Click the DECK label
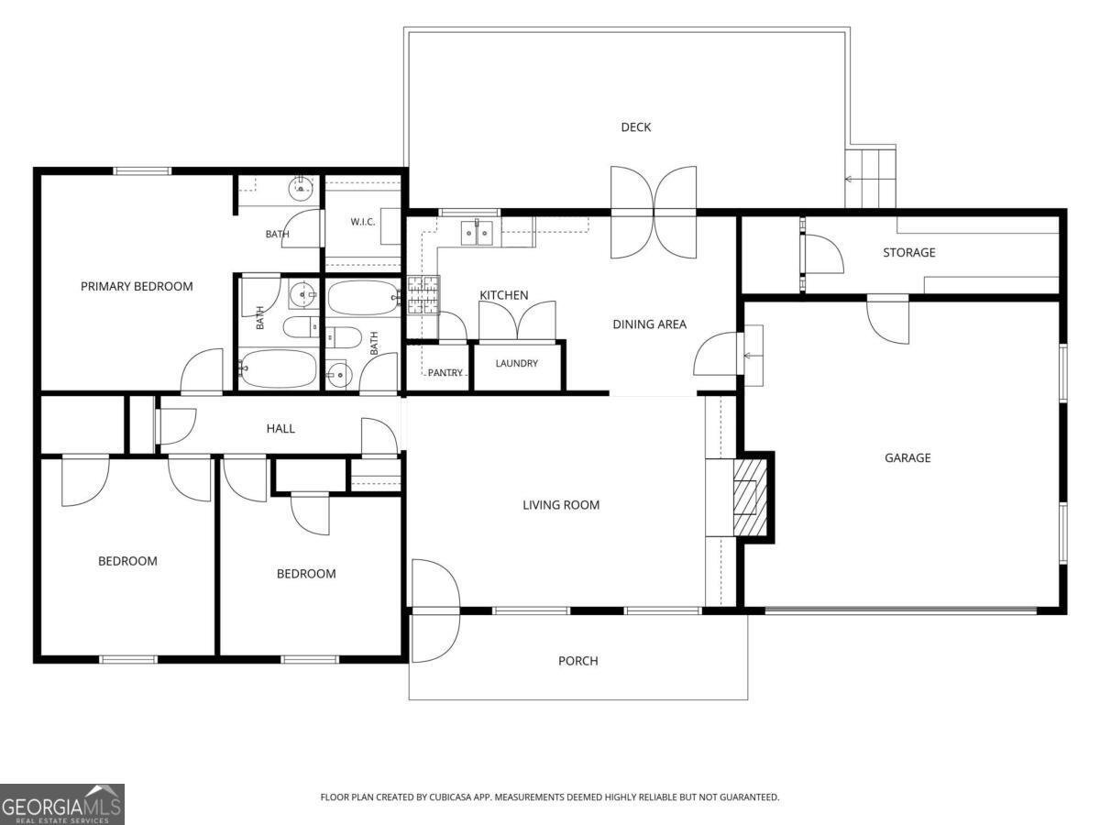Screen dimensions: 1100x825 pos(636,127)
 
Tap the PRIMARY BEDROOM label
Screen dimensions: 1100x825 pos(137,287)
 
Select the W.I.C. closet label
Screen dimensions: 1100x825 pos(363,222)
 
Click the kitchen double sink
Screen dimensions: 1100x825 pos(477,233)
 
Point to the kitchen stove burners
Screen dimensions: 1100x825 pos(423,295)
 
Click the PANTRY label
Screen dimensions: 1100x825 pos(445,373)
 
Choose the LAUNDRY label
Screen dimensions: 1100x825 pos(517,363)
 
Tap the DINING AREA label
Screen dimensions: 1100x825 pos(650,324)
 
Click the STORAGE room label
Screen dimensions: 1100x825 pos(909,252)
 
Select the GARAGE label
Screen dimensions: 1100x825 pos(907,457)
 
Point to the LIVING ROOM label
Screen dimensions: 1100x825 pos(561,505)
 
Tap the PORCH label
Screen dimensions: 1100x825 pos(578,661)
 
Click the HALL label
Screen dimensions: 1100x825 pos(280,429)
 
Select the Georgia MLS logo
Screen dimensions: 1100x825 pos(62,805)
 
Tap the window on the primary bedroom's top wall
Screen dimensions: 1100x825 pos(142,171)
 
